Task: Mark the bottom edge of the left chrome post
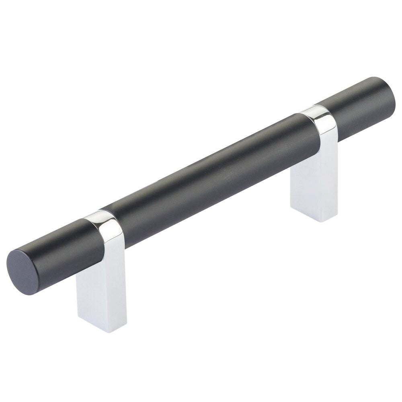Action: click(96, 328)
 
